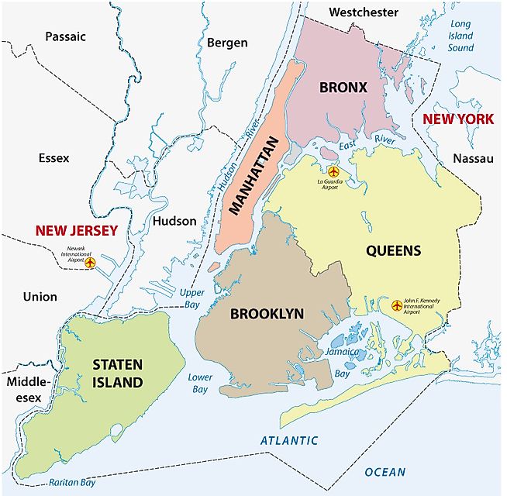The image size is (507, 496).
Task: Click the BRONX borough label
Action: click(343, 87)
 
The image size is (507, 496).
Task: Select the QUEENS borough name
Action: click(393, 250)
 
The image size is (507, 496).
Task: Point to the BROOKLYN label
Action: click(267, 314)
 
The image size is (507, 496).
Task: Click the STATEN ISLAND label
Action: click(117, 372)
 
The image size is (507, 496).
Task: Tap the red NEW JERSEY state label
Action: click(75, 230)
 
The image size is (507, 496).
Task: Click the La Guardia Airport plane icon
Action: click(333, 171)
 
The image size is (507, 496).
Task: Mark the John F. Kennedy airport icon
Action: click(398, 305)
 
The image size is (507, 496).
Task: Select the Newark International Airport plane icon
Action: click(91, 263)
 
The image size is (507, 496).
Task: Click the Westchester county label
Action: click(363, 12)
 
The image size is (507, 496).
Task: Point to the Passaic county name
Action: click(65, 36)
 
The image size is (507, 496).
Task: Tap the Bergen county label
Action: click(227, 43)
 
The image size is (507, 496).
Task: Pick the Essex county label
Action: click(53, 157)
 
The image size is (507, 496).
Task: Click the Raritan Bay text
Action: click(71, 481)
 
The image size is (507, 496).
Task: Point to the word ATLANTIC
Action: click(288, 441)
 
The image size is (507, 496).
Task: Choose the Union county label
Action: click(40, 296)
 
